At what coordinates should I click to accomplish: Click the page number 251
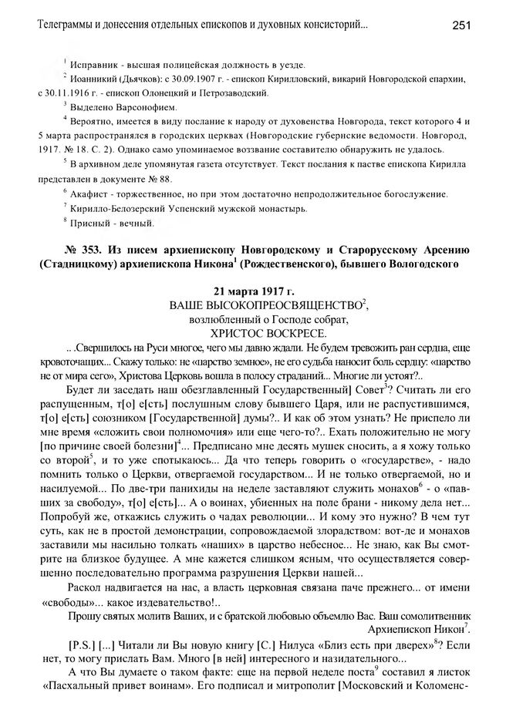[x=463, y=25]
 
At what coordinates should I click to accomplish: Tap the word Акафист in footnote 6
[x=91, y=193]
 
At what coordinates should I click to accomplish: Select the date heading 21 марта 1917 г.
[x=253, y=290]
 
